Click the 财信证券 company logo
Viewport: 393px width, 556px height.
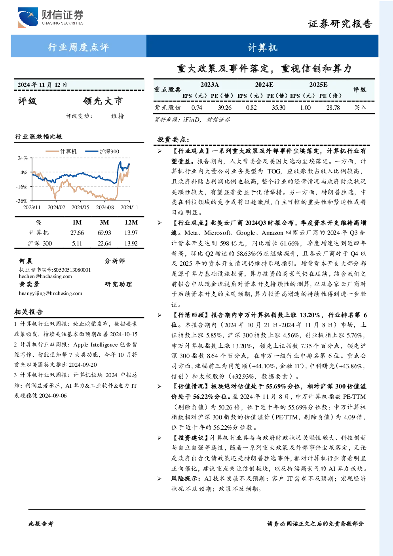tap(51, 17)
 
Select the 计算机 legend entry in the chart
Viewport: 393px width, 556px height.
tap(61, 151)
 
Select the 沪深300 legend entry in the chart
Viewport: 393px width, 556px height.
tap(102, 151)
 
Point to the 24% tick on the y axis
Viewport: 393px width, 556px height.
tap(23, 158)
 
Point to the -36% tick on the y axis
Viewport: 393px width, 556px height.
tap(22, 201)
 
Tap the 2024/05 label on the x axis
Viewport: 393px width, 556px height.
tap(80, 207)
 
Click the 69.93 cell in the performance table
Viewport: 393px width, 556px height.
tap(104, 233)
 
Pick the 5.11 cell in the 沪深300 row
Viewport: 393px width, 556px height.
tap(77, 244)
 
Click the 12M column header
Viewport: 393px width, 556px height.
tap(131, 223)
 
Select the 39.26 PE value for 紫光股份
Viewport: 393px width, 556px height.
tap(224, 107)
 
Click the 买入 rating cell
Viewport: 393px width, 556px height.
tap(360, 107)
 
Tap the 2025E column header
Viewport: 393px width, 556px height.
tap(318, 85)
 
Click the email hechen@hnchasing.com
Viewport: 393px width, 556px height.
tap(46, 276)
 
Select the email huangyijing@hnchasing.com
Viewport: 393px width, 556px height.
tap(51, 293)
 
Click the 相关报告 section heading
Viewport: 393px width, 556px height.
tap(28, 312)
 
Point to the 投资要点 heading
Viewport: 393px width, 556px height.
tap(173, 139)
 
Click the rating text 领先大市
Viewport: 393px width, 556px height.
tap(103, 101)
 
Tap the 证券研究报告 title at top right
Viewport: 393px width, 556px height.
tap(340, 24)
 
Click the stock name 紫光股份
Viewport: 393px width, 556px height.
tap(168, 107)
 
